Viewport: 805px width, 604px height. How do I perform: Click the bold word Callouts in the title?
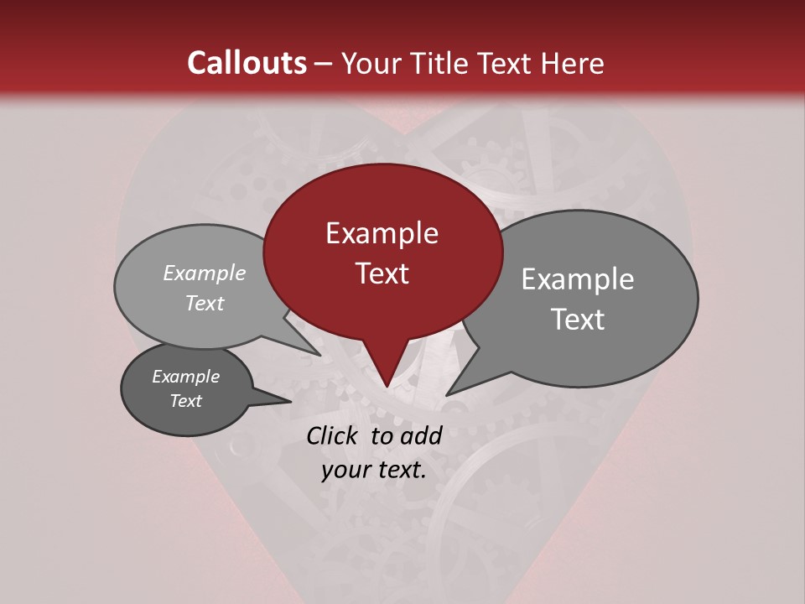point(247,63)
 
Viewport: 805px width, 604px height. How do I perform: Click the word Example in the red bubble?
point(382,233)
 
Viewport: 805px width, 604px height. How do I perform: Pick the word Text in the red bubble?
point(382,273)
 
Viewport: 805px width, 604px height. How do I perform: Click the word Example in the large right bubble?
point(578,279)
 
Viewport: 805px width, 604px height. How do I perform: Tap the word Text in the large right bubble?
point(578,320)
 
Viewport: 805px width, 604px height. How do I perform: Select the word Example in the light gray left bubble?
point(205,273)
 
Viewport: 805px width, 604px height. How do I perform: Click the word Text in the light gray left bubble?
point(205,303)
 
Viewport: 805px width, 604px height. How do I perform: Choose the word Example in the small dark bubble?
point(186,377)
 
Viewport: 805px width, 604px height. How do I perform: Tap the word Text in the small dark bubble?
point(186,401)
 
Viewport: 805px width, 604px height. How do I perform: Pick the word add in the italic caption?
point(422,435)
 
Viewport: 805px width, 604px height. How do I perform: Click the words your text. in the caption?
point(374,470)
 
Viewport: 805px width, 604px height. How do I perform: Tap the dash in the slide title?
point(325,63)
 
